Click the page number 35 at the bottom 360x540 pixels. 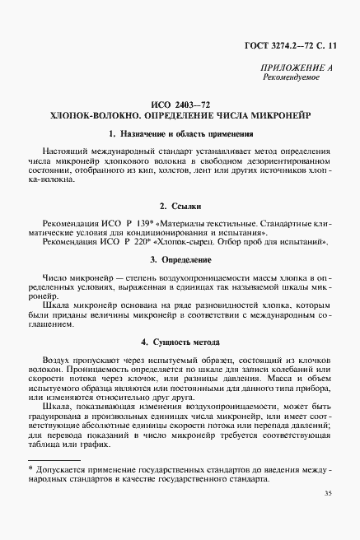coord(327,516)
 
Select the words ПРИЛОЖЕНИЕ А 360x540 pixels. coord(296,67)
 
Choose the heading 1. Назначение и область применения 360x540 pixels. coord(180,134)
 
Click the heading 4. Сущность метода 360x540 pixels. coord(180,342)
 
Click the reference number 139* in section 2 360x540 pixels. coord(147,223)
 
